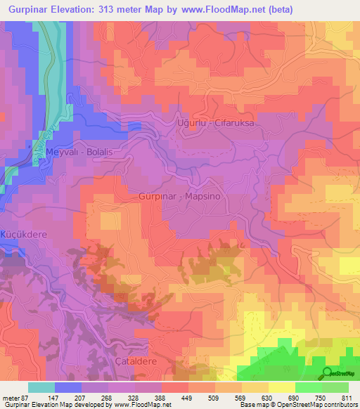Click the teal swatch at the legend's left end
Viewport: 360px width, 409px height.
click(x=41, y=387)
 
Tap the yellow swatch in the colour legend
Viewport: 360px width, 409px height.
click(x=281, y=387)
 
